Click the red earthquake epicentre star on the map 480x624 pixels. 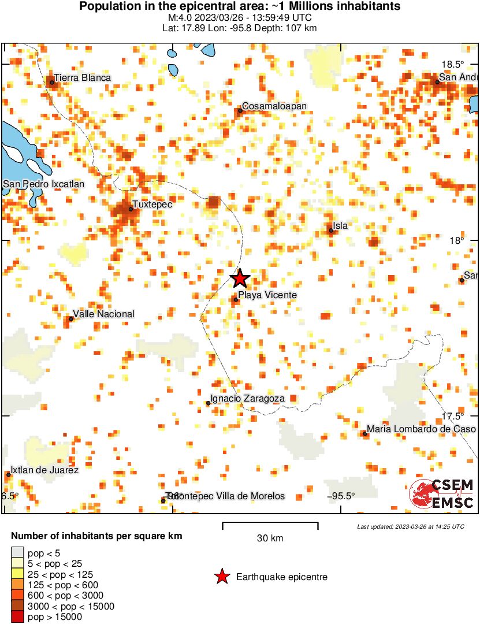[x=240, y=278]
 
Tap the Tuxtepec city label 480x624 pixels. [x=152, y=204]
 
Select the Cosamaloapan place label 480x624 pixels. [x=274, y=106]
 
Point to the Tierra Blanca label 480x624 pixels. [x=82, y=77]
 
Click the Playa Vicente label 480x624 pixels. [x=267, y=295]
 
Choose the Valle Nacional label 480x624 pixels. [x=103, y=314]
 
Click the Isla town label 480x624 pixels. [x=340, y=226]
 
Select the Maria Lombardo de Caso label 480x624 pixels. [x=421, y=429]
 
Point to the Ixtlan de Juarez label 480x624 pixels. [x=44, y=470]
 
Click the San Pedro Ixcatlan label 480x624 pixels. [x=44, y=184]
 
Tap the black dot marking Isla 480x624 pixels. [x=331, y=231]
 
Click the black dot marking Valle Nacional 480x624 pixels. [x=71, y=318]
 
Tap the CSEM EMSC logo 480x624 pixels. [x=442, y=494]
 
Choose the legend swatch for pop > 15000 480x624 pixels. [x=18, y=617]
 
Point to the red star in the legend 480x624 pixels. [x=221, y=577]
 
